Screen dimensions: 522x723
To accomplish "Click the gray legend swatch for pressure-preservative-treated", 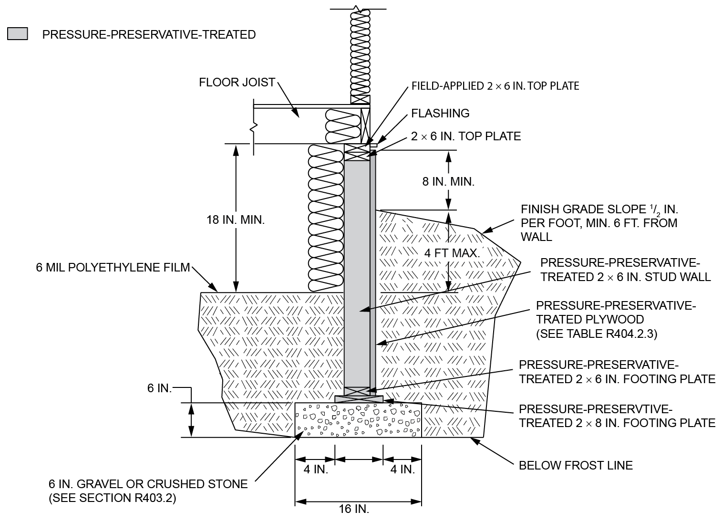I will (x=18, y=34).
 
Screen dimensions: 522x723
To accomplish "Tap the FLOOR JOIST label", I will (x=237, y=83).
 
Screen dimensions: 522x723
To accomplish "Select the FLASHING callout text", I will (x=440, y=113).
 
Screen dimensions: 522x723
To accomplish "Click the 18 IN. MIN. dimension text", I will (x=235, y=220).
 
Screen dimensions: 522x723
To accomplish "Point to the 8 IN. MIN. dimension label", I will (x=448, y=182).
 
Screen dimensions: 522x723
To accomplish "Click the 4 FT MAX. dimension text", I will (x=452, y=253).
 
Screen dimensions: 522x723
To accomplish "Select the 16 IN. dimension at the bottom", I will (x=354, y=509).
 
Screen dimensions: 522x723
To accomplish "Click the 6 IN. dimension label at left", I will (x=159, y=388).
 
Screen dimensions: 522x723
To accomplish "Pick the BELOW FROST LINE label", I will (x=576, y=465).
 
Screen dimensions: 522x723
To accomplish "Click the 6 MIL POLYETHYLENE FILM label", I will (x=113, y=267).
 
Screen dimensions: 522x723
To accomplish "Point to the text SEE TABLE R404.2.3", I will (x=597, y=334).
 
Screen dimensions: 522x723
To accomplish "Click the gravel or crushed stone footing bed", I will (x=358, y=420).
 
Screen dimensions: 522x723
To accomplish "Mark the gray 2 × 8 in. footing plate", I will (x=359, y=398).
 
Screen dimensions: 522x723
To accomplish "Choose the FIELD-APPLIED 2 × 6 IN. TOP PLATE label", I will (x=495, y=86).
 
